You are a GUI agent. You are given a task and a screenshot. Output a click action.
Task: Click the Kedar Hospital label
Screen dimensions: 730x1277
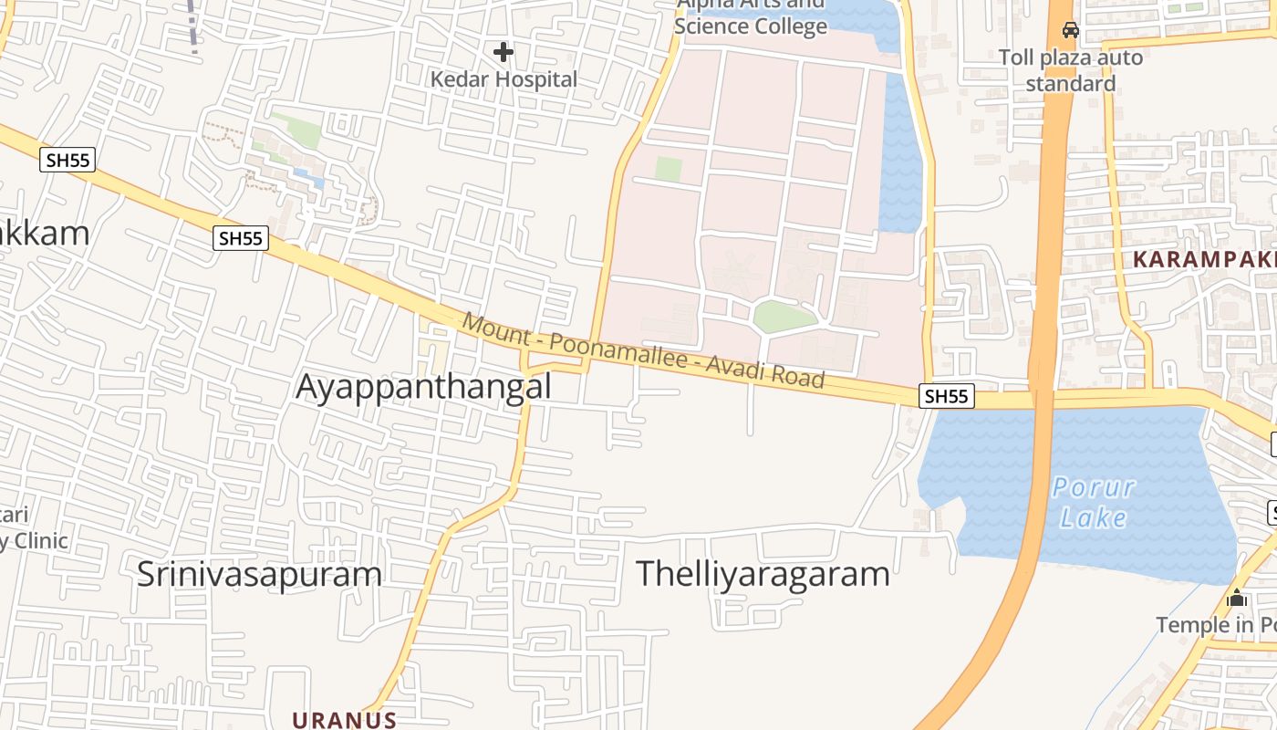click(504, 79)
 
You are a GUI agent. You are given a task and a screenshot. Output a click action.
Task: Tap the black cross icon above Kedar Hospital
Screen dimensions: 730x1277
click(503, 52)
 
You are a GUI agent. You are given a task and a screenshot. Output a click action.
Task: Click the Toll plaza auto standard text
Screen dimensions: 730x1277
click(1071, 70)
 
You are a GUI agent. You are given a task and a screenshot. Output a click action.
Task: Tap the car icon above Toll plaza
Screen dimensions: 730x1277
click(1071, 30)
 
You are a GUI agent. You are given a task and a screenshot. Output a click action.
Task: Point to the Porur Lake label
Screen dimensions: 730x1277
click(1094, 502)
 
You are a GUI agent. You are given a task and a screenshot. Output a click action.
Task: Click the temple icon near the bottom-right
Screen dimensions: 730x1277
click(1237, 599)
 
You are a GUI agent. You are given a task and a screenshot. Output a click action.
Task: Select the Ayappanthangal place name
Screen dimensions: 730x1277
click(424, 387)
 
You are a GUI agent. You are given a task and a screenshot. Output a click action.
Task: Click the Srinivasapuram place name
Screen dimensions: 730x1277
click(259, 574)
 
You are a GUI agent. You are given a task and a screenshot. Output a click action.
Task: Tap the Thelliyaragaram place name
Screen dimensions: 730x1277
click(763, 574)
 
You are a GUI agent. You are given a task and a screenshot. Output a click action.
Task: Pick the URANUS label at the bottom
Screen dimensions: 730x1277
click(344, 720)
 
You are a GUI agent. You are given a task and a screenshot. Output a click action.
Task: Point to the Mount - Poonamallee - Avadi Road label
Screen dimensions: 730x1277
click(643, 350)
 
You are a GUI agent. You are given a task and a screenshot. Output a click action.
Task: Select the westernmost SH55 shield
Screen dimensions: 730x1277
click(68, 161)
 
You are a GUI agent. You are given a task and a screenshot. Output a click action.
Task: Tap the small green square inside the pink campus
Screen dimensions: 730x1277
click(669, 169)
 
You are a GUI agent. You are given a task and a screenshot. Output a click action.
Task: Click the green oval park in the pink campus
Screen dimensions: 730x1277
click(784, 317)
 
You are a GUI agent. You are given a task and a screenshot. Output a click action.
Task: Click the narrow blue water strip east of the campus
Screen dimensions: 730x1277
click(900, 155)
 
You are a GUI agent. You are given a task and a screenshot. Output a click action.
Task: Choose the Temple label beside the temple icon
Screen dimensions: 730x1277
click(1216, 625)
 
